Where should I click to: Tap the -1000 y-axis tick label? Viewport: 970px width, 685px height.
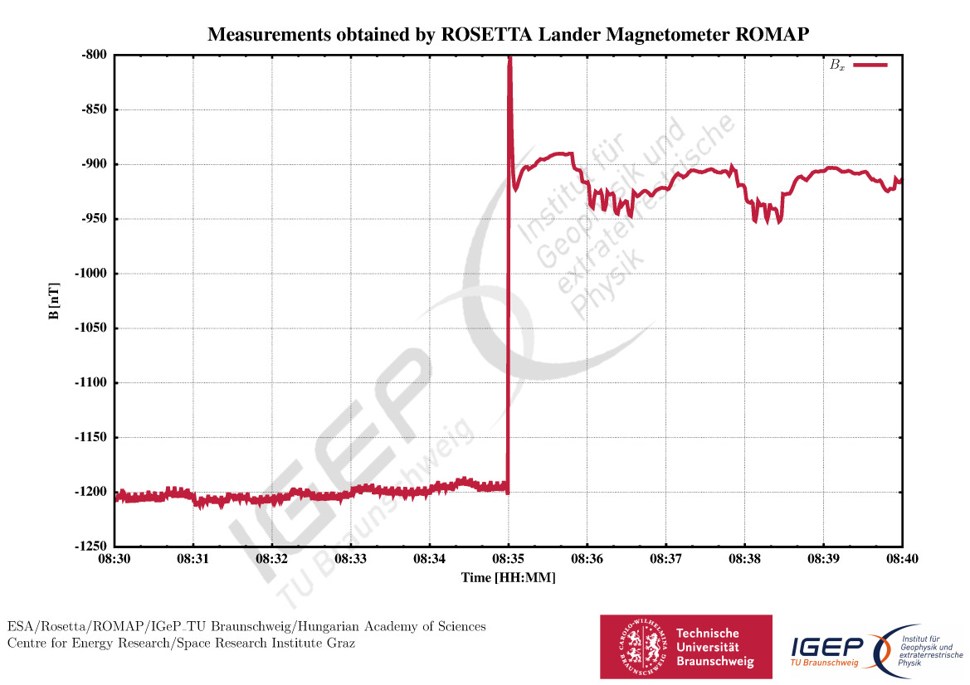click(x=92, y=274)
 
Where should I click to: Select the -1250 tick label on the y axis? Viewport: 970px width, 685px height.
click(x=92, y=547)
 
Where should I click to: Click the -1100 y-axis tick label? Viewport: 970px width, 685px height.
click(x=92, y=383)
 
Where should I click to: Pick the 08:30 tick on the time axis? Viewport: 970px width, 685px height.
click(x=115, y=560)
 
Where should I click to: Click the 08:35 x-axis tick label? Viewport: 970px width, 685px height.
click(x=509, y=560)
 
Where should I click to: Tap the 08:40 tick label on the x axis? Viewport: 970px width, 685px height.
click(x=902, y=560)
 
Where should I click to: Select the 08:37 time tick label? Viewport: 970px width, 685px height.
click(x=666, y=560)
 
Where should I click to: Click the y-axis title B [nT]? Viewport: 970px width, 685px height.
click(x=54, y=300)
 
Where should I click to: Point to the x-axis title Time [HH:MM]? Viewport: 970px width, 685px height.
click(x=509, y=578)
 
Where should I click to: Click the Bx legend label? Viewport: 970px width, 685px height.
click(x=837, y=65)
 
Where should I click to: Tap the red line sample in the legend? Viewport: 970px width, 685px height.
click(x=870, y=65)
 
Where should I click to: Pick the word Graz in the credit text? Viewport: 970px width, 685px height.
click(x=340, y=644)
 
